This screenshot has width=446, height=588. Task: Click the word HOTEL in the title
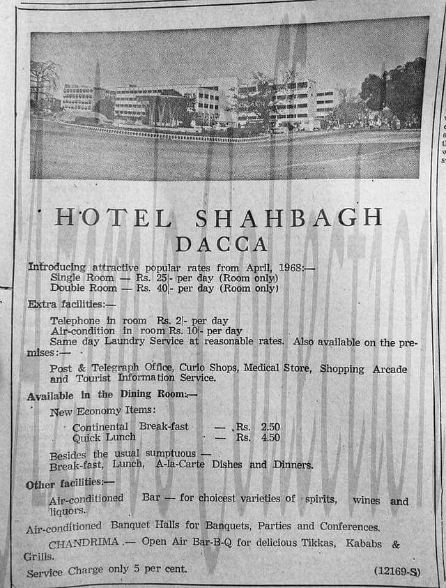pos(113,218)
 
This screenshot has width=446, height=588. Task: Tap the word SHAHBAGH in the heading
pos(289,218)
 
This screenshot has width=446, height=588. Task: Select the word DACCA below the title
pos(221,244)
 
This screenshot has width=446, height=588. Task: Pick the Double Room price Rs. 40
pos(152,287)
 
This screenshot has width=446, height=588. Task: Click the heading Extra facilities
pos(72,304)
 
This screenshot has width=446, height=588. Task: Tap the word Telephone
pos(79,321)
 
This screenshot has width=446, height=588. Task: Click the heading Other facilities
pos(70,483)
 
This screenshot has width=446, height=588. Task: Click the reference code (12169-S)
pos(397,571)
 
